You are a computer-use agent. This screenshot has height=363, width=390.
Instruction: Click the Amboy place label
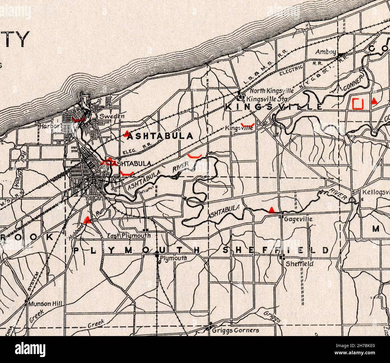point(325,52)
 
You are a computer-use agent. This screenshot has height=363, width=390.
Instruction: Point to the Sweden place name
point(108,116)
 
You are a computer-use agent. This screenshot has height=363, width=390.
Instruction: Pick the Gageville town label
point(298,219)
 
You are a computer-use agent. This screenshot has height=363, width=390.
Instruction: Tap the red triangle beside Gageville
point(271,210)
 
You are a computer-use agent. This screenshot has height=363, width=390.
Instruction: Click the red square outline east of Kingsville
point(358,103)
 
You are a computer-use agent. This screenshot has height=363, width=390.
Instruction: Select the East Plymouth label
point(129,236)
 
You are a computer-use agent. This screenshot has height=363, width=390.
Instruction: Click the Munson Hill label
point(46,304)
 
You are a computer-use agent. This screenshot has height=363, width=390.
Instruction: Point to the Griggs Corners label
point(235,330)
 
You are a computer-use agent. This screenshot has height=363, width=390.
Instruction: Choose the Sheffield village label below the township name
point(299,264)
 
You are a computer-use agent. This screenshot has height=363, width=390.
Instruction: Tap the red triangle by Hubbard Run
point(87,220)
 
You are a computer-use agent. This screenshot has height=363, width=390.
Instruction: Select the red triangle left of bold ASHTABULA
point(127,133)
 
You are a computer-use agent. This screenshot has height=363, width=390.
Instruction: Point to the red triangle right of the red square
point(374,101)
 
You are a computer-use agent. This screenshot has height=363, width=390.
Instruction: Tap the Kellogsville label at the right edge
point(376,192)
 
